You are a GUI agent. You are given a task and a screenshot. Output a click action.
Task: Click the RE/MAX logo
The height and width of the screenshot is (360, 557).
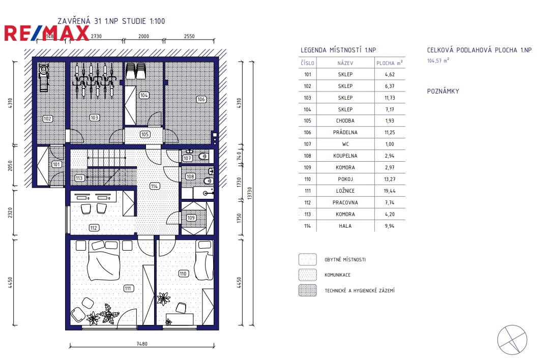pos(46,33)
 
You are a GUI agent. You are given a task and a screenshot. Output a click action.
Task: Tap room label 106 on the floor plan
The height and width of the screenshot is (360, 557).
pos(201,100)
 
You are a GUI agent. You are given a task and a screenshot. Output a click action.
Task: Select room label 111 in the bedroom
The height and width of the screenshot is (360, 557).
pos(129,288)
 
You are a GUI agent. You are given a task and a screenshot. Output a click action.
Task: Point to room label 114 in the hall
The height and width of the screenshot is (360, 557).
pos(154,186)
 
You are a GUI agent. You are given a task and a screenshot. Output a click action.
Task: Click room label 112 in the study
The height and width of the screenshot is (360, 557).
pos(94,228)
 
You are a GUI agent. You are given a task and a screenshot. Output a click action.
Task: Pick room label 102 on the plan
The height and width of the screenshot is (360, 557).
pos(48,118)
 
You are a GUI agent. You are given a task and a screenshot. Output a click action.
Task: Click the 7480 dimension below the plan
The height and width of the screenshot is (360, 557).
pos(142,344)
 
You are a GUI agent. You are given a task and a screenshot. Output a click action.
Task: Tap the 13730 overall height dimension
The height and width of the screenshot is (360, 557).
pos(249,193)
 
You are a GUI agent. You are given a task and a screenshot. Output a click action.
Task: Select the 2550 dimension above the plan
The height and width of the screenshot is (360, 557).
pos(189,36)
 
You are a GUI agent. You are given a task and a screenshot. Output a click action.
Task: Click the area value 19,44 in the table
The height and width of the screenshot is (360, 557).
pos(390,191)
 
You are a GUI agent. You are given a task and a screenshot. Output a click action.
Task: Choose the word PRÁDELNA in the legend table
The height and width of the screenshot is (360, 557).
pos(345,132)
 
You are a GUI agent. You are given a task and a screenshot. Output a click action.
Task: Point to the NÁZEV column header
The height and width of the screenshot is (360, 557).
pos(345,63)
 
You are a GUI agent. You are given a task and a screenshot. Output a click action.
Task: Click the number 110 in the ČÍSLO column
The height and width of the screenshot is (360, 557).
pos(308,179)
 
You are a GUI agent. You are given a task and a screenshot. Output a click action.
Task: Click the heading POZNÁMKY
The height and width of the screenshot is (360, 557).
pos(443,91)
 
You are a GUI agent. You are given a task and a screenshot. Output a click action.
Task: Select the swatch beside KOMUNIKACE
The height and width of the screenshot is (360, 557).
pos(308,275)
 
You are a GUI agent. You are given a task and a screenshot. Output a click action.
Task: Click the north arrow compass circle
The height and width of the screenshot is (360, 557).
pos(512,340)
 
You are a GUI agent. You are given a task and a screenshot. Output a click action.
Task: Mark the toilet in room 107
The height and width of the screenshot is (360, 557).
pos(202,157)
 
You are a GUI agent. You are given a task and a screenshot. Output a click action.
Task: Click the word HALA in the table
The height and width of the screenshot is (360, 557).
pos(345,226)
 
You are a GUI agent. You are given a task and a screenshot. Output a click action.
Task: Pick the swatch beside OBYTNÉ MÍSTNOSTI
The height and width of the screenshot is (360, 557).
pos(308,259)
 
